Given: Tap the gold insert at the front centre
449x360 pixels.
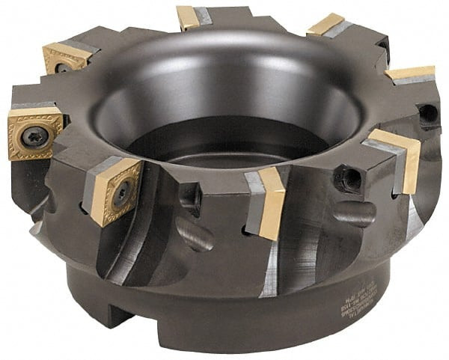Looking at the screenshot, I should pos(271,202).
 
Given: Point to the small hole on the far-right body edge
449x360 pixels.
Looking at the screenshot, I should pos(428,114).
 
